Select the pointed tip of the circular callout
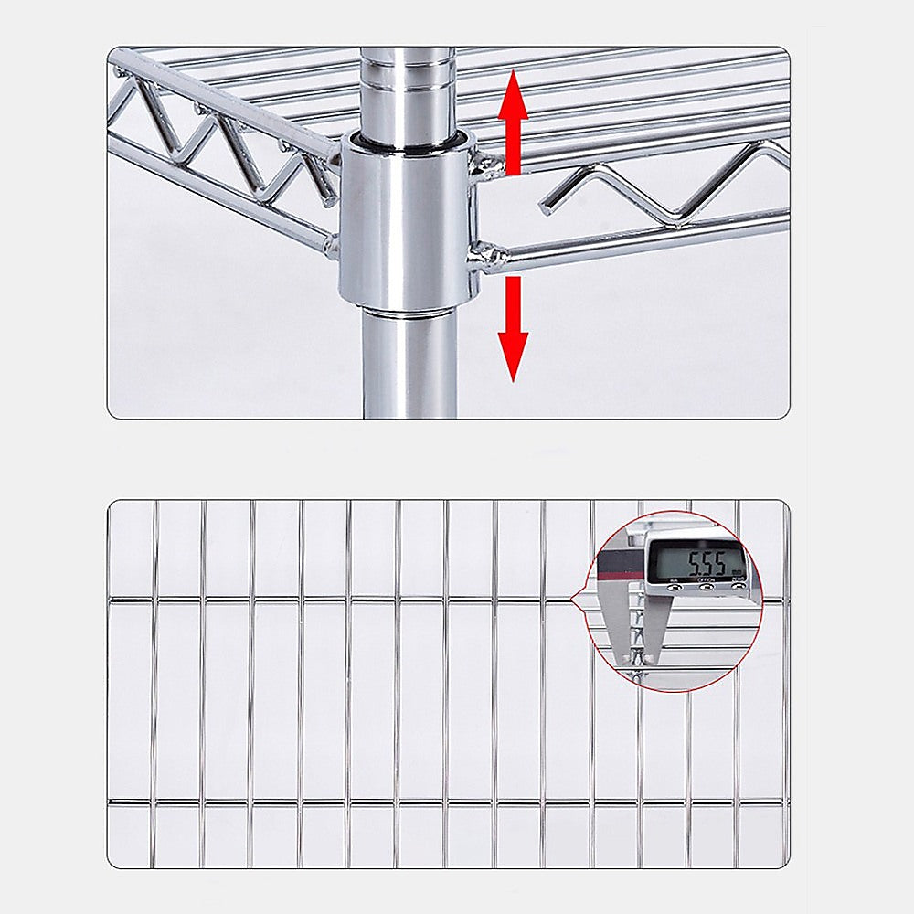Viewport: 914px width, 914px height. (572, 600)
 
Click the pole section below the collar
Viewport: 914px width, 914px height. (409, 366)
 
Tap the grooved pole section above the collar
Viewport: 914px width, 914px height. (407, 91)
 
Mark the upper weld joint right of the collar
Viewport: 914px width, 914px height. (487, 165)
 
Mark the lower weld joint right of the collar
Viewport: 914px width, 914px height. (482, 251)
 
